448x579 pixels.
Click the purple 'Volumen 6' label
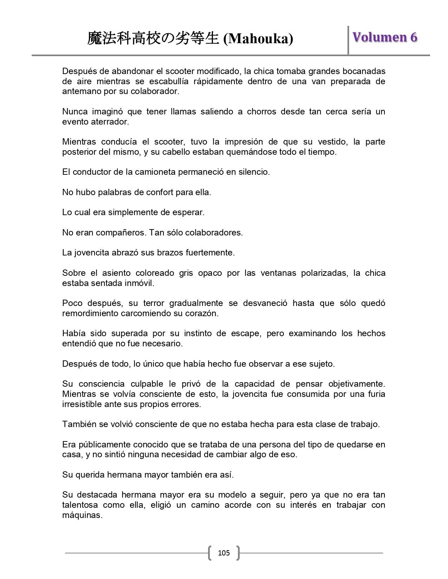(385, 37)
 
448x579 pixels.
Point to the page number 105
(223, 553)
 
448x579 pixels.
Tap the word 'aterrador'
(110, 122)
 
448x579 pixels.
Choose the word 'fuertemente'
(213, 253)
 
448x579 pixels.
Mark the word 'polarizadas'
(325, 273)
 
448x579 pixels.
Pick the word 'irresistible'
(82, 404)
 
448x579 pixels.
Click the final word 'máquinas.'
(82, 515)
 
